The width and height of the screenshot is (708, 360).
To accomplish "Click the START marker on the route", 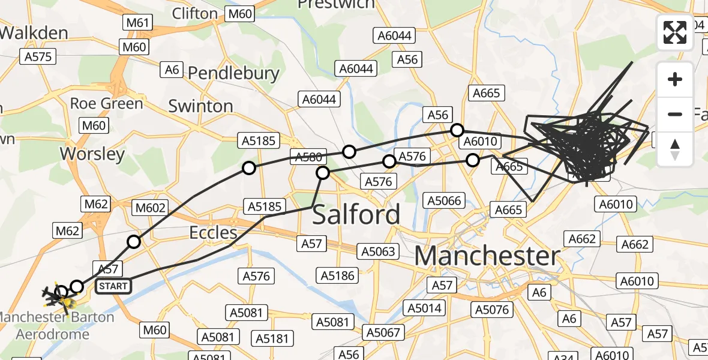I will [x=113, y=286].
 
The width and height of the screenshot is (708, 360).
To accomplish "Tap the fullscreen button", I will [x=675, y=32].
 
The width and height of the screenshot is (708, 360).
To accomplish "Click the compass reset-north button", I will [x=675, y=149].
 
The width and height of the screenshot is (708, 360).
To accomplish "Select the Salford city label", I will [x=356, y=214].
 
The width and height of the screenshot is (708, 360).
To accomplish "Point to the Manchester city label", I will [x=487, y=256].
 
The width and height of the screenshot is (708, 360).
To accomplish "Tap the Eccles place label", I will [x=213, y=232].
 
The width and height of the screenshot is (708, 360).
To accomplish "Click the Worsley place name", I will [x=92, y=154].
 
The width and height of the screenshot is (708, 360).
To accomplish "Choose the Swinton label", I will [x=200, y=106].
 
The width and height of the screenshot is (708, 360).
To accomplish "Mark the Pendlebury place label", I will [x=233, y=73].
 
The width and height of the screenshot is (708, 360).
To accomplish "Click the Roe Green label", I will [x=106, y=103].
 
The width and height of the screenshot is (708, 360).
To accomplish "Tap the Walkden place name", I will [x=34, y=32].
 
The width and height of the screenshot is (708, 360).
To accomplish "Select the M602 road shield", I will [x=149, y=208].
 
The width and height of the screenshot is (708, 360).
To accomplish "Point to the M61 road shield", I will [x=137, y=23].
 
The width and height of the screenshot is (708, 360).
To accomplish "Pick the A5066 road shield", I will [x=445, y=200].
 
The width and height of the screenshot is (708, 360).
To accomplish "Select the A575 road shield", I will [x=37, y=57].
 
